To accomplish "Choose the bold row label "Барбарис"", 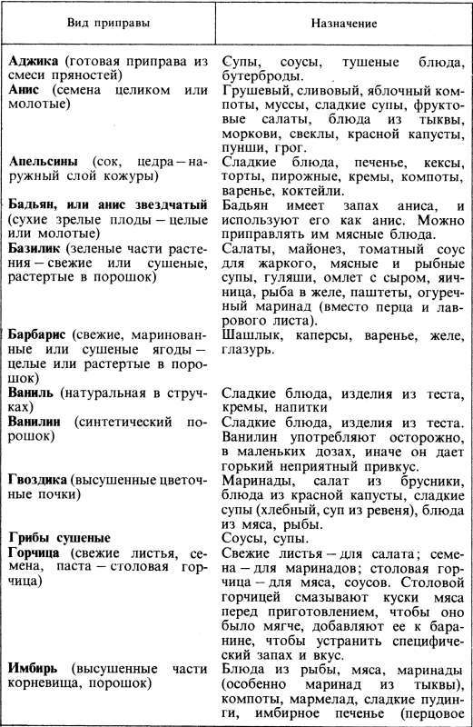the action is [x=41, y=336].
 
